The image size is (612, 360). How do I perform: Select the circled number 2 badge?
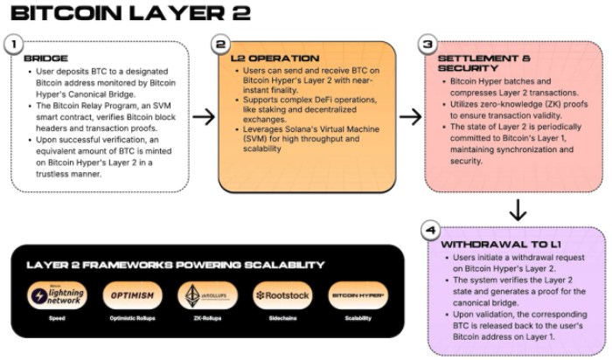point(222,42)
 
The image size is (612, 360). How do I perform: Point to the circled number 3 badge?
point(428,42)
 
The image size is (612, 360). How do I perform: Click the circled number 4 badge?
point(429,230)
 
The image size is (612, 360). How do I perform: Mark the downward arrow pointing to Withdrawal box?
point(518,209)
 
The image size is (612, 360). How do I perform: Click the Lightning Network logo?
point(57,295)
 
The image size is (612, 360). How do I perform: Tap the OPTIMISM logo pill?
point(132,295)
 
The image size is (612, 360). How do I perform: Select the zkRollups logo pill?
point(207,295)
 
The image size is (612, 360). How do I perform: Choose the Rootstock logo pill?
point(282,295)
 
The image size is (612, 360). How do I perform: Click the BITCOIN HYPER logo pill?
point(358,295)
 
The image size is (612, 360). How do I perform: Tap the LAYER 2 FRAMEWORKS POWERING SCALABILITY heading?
point(176,264)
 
